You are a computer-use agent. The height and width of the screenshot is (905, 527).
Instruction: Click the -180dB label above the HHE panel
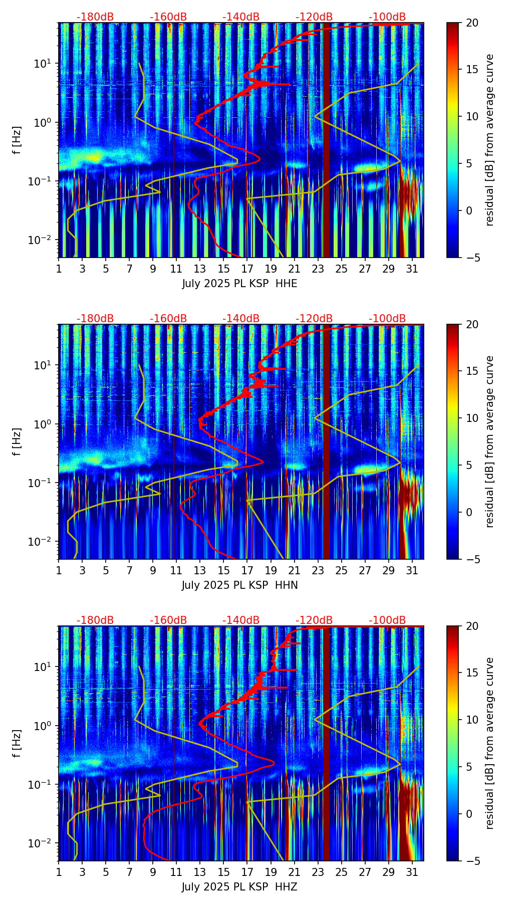[95, 17]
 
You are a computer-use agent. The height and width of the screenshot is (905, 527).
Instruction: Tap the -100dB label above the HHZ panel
[387, 620]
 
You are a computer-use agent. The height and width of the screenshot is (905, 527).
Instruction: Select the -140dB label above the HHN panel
[241, 319]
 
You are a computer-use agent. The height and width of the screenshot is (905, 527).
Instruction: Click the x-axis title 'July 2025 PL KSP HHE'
[239, 284]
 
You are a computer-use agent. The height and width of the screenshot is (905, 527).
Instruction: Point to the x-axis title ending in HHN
[239, 585]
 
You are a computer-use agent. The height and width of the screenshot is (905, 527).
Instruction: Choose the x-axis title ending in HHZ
[239, 887]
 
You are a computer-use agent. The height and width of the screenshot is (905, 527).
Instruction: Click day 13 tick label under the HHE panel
[200, 269]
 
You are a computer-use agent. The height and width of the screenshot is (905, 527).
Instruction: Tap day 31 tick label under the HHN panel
[412, 570]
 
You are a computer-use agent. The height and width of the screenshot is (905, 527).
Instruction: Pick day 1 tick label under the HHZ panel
[59, 872]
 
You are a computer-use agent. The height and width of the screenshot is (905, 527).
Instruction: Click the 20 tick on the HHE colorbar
[472, 23]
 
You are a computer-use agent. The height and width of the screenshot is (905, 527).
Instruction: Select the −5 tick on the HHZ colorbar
[472, 861]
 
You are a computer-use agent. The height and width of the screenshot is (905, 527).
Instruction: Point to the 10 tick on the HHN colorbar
[472, 418]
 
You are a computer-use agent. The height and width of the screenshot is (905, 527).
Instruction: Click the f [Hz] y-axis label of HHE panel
[17, 140]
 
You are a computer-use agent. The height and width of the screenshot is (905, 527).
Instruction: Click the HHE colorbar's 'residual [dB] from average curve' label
[490, 140]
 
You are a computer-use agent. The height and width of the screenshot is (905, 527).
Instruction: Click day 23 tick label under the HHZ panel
[318, 872]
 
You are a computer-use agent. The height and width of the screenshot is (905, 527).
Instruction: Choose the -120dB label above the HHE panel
[314, 17]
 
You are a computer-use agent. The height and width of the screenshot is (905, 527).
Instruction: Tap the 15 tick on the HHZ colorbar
[472, 673]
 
